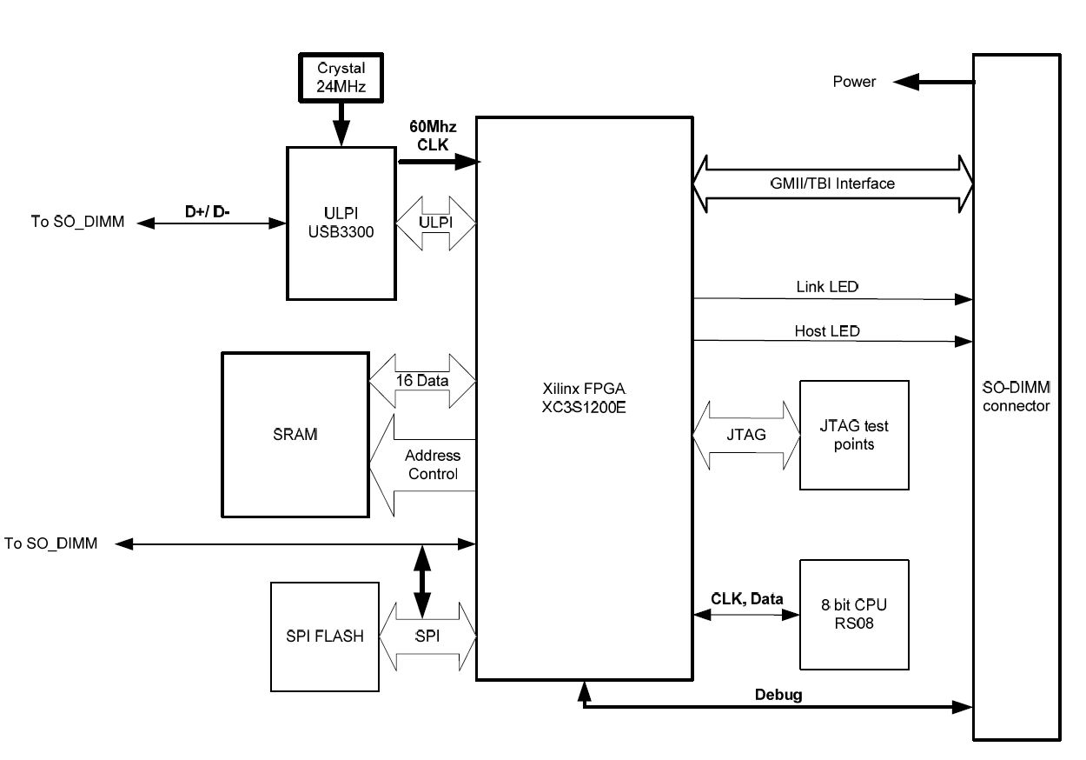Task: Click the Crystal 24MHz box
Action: click(341, 77)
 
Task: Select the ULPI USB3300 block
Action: click(341, 223)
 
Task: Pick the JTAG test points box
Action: click(853, 435)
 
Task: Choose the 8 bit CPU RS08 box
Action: click(853, 614)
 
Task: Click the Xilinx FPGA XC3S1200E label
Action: click(584, 398)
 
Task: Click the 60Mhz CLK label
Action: click(433, 136)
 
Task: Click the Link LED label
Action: click(829, 286)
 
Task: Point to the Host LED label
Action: click(827, 331)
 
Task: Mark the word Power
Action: click(854, 82)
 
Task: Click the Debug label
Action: click(778, 695)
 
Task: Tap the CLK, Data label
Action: click(746, 599)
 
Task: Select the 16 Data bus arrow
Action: click(423, 380)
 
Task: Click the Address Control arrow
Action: click(423, 465)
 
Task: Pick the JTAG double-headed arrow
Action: click(745, 434)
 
